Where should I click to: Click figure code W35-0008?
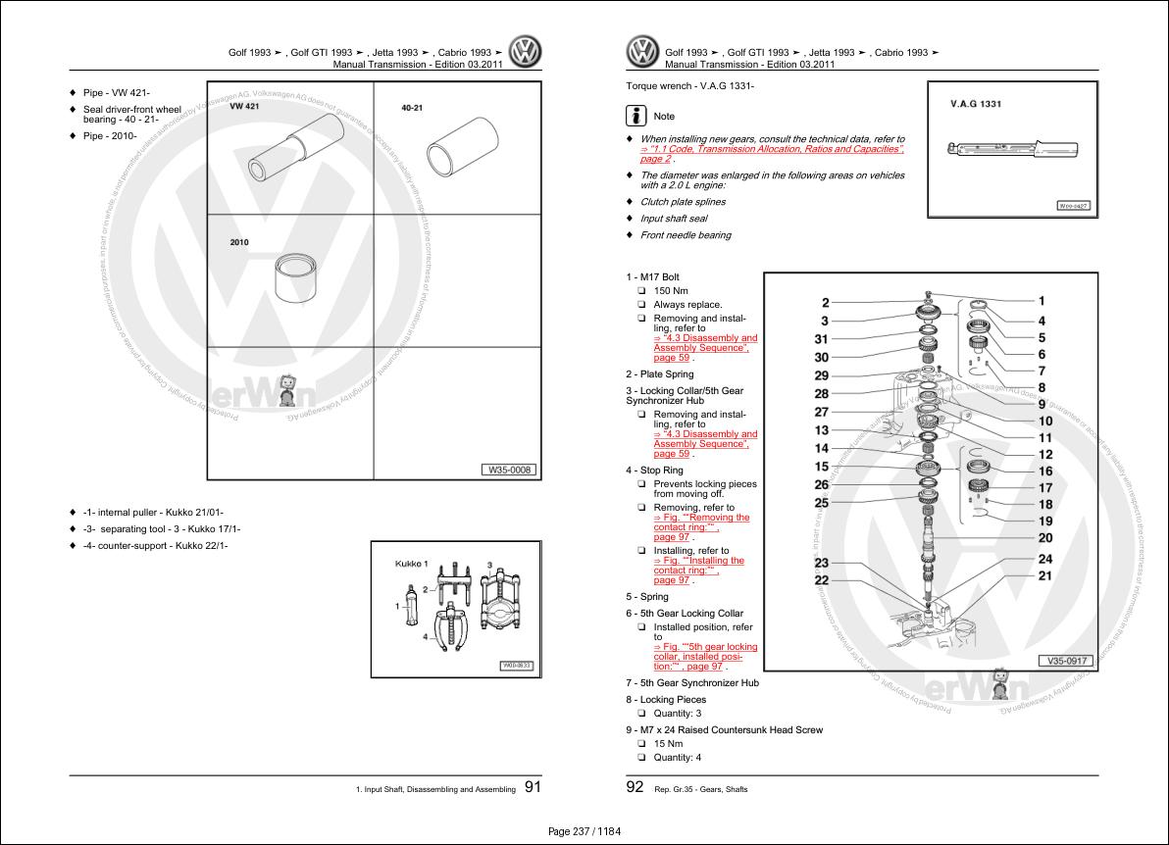(509, 470)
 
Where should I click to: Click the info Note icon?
(636, 116)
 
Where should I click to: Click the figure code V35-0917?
(1067, 661)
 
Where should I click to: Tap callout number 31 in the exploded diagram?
(822, 339)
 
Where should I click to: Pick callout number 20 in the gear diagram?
(1044, 538)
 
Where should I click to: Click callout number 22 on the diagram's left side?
(822, 580)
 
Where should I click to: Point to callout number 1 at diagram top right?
(1042, 302)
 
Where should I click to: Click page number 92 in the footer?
(635, 786)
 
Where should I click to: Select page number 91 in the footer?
(533, 786)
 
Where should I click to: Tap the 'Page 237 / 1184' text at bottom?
(584, 831)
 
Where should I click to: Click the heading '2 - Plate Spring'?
(659, 374)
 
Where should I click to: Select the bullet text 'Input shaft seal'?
(673, 219)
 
